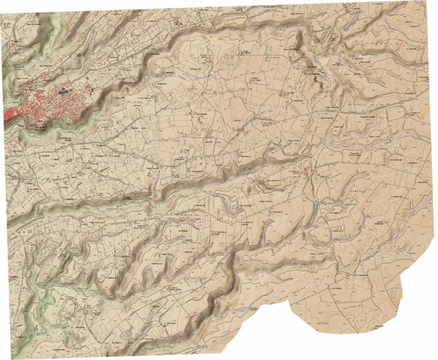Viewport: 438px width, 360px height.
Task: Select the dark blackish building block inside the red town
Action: pos(65,90)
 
